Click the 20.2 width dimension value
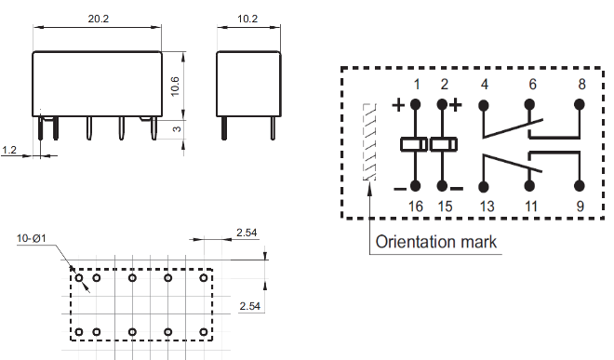[99, 19]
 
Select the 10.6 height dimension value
[175, 87]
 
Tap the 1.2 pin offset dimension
[9, 150]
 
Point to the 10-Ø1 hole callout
[32, 238]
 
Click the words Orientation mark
[435, 242]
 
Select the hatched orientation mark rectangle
[369, 141]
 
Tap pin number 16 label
[416, 207]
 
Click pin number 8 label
[581, 84]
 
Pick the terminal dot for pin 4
[484, 105]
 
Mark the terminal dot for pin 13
[484, 186]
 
